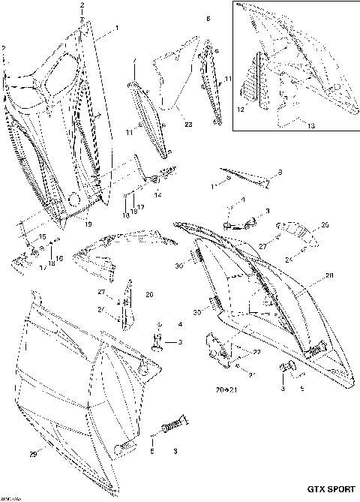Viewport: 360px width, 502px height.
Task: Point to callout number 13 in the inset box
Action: click(310, 127)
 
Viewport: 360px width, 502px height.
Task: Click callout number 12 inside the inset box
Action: click(241, 110)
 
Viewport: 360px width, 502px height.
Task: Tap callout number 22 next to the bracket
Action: click(256, 352)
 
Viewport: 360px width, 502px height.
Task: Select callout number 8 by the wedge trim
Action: click(280, 173)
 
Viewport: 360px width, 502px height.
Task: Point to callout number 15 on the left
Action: click(42, 237)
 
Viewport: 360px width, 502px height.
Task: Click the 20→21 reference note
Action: click(226, 391)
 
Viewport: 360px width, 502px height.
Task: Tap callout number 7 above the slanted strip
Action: click(134, 60)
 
